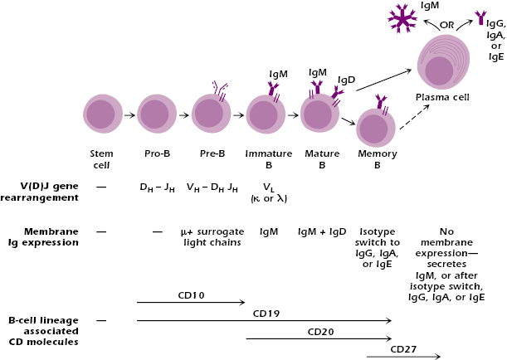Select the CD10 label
191,294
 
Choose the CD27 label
403,348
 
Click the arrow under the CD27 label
403,357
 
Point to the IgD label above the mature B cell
347,80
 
